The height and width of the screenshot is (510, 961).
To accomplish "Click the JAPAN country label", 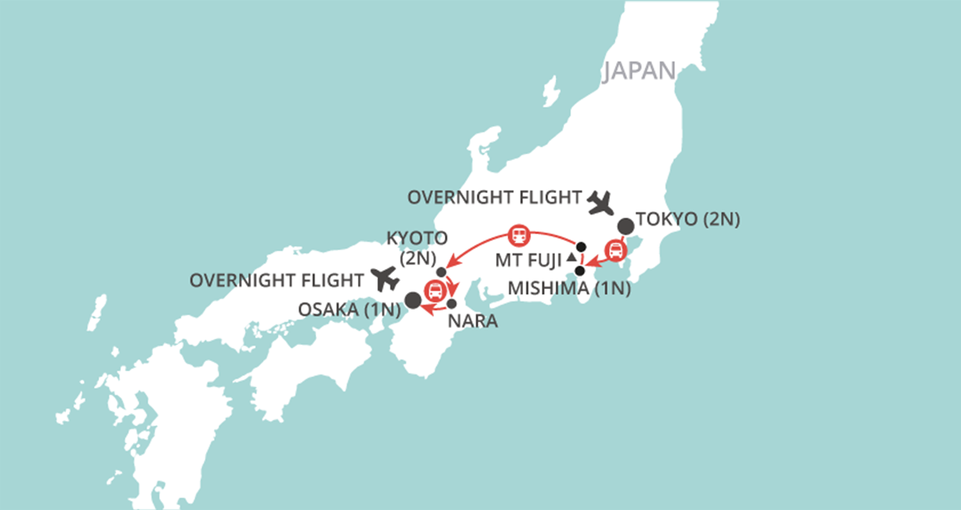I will click(639, 71).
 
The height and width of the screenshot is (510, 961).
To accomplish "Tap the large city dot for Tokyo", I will click(625, 226).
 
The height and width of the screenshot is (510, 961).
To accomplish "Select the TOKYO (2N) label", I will click(687, 219).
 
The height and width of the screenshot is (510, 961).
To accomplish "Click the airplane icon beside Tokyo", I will click(600, 203).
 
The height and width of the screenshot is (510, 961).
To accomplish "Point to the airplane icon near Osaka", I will click(384, 278).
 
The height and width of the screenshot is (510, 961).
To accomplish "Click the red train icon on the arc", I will click(518, 233).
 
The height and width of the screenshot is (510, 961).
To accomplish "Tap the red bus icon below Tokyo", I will click(615, 250).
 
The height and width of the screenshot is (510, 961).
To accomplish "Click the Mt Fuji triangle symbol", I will click(571, 257).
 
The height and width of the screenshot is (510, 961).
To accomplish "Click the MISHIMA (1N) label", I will click(569, 289).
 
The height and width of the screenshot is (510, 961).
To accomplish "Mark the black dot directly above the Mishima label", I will click(579, 271).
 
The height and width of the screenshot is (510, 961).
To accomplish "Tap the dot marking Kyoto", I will click(441, 272).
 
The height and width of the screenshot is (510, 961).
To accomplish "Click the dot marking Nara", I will click(452, 303).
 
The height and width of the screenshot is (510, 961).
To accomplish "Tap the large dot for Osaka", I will click(413, 299).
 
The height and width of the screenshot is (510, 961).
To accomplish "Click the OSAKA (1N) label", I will click(349, 309).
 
